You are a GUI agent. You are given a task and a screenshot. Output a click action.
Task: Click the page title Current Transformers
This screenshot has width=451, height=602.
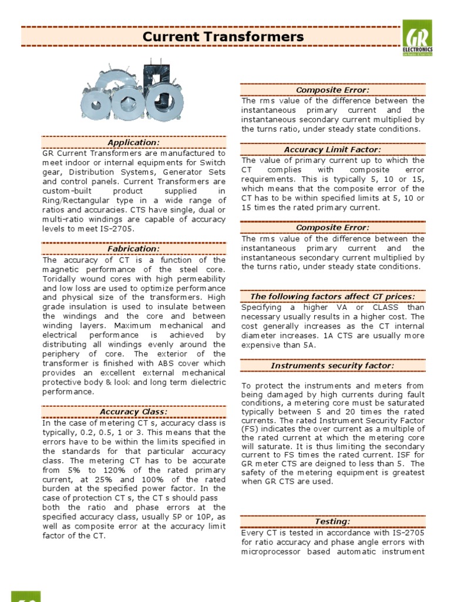click(x=224, y=37)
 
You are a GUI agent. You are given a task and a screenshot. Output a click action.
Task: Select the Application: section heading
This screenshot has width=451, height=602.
click(x=133, y=143)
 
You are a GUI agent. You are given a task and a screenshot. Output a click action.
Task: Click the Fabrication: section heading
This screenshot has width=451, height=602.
click(x=133, y=249)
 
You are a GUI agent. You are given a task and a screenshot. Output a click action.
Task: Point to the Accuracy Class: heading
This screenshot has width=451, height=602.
click(x=133, y=412)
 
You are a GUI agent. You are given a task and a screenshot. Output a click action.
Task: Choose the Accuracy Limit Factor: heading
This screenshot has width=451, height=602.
click(x=332, y=150)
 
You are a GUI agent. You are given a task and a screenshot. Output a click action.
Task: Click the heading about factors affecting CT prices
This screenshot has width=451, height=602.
click(x=332, y=296)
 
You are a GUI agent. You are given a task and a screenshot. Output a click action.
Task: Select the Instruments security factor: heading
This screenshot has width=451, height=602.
click(x=332, y=366)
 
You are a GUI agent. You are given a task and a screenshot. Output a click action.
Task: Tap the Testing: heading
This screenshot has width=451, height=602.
click(x=332, y=521)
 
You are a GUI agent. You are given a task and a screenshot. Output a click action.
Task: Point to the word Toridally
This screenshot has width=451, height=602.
click(x=62, y=279)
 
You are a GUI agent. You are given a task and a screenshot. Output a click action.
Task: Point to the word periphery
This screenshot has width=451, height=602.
click(x=61, y=354)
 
